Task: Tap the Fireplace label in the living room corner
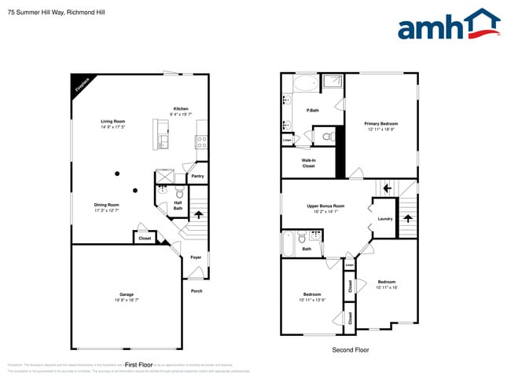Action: [80, 84]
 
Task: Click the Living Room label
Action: [113, 121]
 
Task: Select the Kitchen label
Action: [181, 108]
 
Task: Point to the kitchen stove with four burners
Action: [201, 142]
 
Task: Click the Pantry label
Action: [197, 176]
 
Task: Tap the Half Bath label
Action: [178, 205]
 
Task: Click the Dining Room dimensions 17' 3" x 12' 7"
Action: [107, 210]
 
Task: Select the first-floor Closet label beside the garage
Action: [145, 238]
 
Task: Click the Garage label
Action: [127, 294]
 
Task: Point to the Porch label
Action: [197, 291]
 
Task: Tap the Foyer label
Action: [196, 257]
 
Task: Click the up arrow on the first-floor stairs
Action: [198, 213]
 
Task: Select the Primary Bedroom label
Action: [380, 123]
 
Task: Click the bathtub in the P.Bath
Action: [304, 84]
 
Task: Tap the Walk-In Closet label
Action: [309, 163]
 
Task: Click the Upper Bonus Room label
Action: [325, 206]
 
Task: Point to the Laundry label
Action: [384, 219]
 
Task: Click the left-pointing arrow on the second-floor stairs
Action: [385, 188]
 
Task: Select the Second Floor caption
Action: [351, 350]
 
